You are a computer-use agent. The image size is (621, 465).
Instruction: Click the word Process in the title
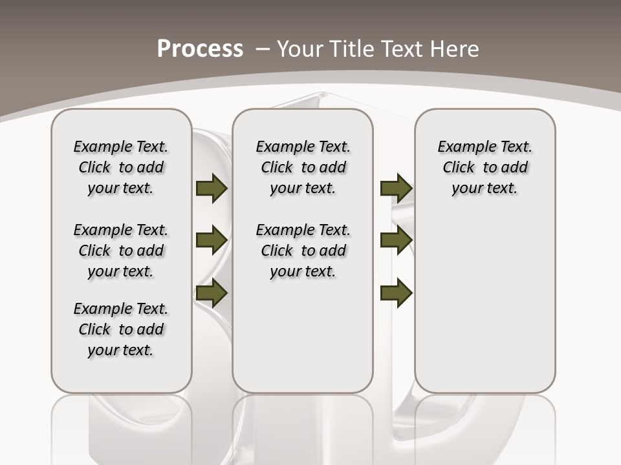[200, 48]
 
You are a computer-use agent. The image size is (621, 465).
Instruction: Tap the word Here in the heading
[455, 48]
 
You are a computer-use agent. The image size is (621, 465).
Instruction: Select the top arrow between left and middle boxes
[212, 189]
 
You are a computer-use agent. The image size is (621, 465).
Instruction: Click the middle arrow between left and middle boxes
[212, 240]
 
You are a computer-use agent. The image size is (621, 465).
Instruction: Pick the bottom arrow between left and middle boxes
[212, 293]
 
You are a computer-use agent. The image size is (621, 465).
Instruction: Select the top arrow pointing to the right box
[396, 189]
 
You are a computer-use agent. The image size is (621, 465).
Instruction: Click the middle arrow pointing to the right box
[396, 240]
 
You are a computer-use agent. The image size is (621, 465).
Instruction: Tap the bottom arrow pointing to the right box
[396, 293]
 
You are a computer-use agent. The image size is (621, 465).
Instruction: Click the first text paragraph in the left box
[121, 167]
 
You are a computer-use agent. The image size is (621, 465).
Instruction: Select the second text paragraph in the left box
[121, 251]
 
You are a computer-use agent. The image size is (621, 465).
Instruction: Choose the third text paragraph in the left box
[121, 329]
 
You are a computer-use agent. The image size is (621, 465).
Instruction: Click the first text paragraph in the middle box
[303, 167]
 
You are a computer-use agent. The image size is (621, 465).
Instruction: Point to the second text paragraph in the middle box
[303, 251]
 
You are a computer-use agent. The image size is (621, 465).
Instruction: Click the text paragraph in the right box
[485, 167]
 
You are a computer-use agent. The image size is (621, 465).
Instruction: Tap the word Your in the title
[300, 48]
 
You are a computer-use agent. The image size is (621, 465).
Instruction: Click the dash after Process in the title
[263, 48]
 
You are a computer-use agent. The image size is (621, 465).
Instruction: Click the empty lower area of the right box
[485, 310]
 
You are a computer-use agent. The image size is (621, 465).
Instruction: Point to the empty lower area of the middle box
[303, 336]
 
